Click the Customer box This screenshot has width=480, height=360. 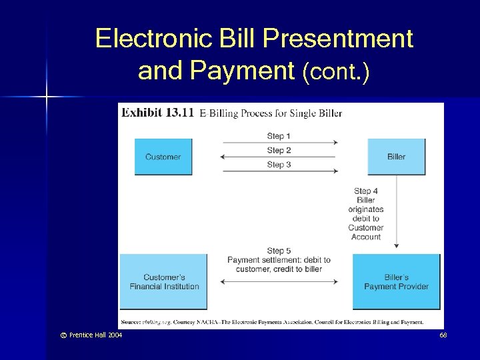tap(163, 157)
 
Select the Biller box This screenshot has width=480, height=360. tap(396, 157)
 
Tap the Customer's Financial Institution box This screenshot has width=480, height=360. tap(164, 282)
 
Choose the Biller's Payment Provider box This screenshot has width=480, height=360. tap(396, 282)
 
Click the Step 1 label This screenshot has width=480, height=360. tap(279, 136)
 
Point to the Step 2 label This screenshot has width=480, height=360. tap(279, 150)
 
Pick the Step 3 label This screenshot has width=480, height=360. tap(279, 165)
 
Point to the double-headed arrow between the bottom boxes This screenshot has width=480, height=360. tap(279, 282)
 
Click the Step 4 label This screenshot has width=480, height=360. tap(366, 191)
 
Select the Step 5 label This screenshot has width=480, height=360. tap(279, 251)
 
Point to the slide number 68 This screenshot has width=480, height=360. tap(443, 335)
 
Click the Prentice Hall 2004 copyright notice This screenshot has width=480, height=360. tap(89, 335)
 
